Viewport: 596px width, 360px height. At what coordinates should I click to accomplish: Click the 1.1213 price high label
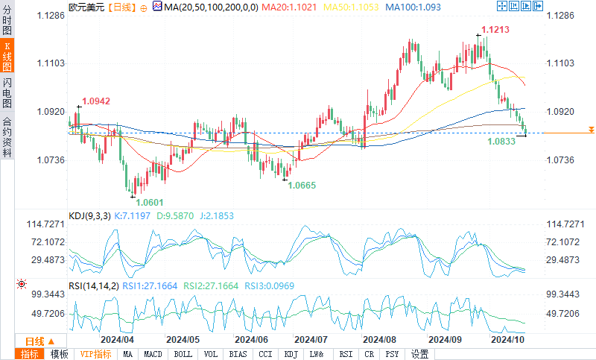coord(495,30)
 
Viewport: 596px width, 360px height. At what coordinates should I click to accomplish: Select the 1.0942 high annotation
coord(96,101)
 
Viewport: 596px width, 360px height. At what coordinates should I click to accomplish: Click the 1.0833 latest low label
coord(501,141)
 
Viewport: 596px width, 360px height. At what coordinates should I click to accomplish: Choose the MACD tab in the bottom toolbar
coord(153,354)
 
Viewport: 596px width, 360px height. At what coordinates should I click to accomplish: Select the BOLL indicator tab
coord(183,354)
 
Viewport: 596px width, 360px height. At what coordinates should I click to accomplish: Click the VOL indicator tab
coord(211,354)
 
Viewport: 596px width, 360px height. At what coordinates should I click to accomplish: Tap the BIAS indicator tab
coord(238,354)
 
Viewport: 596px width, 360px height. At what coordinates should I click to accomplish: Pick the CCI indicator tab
coord(265,354)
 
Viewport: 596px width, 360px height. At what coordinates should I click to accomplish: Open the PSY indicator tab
coord(392,354)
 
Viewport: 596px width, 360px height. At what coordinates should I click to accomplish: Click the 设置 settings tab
coord(420,354)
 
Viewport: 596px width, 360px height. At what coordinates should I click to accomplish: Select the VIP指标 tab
coord(95,354)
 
